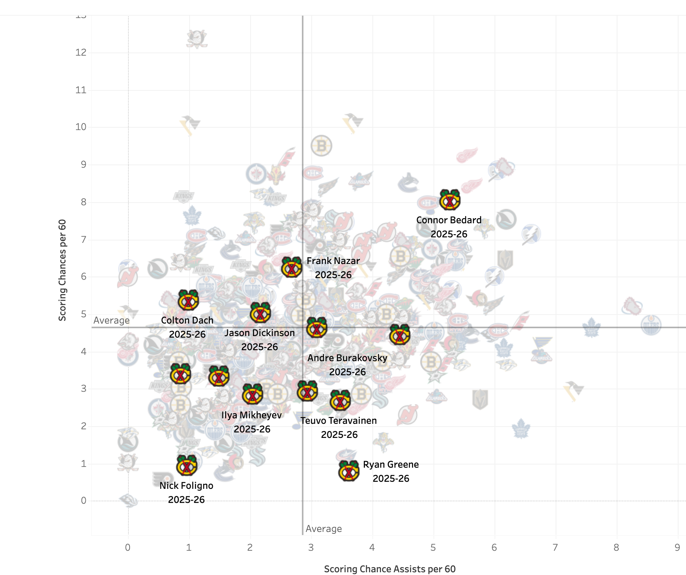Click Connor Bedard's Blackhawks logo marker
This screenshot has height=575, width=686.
tap(450, 200)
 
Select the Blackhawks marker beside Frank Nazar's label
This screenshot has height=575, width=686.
tap(291, 268)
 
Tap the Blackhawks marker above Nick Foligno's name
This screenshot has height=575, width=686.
tap(187, 465)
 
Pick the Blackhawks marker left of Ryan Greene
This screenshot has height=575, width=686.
tap(348, 470)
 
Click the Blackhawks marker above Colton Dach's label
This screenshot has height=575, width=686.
tap(188, 300)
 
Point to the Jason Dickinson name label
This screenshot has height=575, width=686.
tap(259, 333)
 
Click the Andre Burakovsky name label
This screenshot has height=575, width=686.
tap(347, 358)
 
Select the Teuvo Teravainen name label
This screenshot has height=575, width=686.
tap(339, 421)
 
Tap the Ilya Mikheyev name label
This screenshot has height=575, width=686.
tap(251, 415)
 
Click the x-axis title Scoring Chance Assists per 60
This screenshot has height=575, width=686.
tap(390, 569)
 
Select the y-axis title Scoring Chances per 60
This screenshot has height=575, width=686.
tap(62, 270)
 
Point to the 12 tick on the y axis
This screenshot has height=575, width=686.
tap(81, 52)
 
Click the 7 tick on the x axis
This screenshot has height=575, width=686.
tap(555, 547)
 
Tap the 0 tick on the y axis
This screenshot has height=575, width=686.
tap(83, 501)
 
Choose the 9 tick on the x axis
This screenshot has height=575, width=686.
tap(677, 547)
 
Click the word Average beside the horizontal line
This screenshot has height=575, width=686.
tap(112, 320)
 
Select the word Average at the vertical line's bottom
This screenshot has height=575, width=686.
tap(323, 529)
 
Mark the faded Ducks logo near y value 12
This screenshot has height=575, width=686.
tap(197, 39)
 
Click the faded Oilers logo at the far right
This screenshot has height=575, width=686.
tap(651, 325)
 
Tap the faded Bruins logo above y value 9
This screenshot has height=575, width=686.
tap(321, 146)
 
